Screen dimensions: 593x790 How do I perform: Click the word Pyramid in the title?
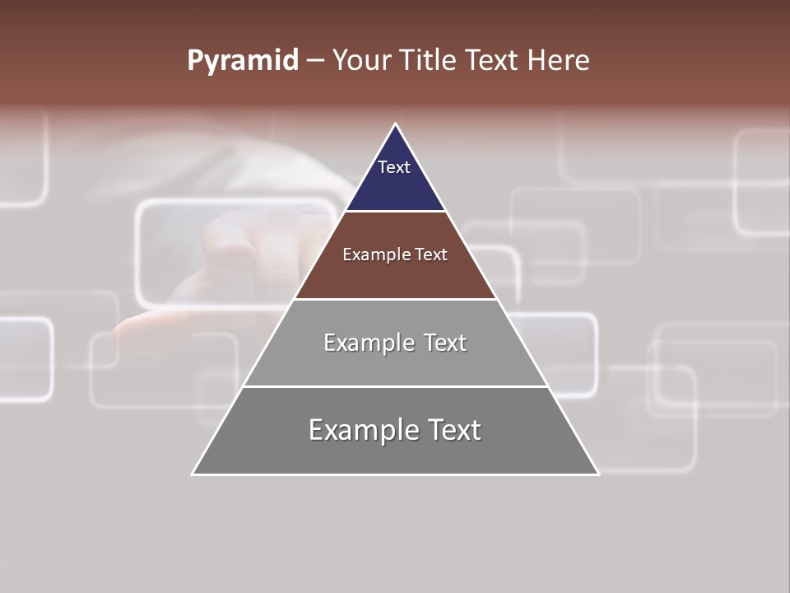[x=242, y=61]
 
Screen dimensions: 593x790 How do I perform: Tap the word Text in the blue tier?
[x=394, y=167]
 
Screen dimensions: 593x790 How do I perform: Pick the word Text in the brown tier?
[x=431, y=254]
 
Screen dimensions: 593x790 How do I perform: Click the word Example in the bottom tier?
[x=359, y=430]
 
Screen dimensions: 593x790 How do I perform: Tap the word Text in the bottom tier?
[x=450, y=430]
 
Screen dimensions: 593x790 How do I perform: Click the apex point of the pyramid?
[x=396, y=124]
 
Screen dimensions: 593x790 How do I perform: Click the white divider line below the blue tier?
[x=396, y=211]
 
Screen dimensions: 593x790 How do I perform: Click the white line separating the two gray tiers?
[x=396, y=386]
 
